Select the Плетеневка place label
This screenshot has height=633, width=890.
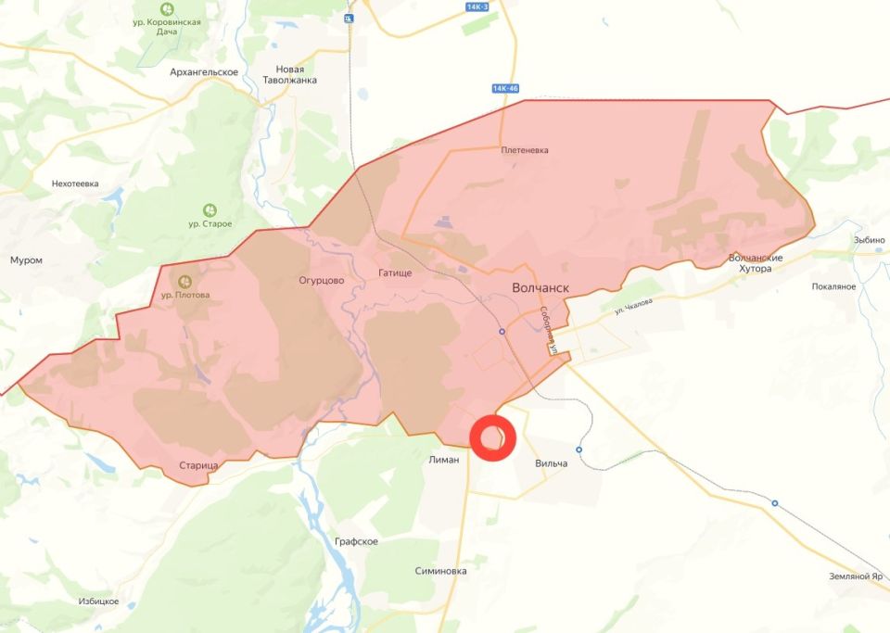point(525,150)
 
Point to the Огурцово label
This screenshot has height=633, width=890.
point(322,280)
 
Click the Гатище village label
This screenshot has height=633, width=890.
point(395,273)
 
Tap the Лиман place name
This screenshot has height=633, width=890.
point(444,460)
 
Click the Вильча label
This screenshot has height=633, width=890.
point(551,462)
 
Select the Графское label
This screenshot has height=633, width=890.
point(357,541)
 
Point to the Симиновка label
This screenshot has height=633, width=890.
point(440,571)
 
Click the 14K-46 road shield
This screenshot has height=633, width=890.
point(505,88)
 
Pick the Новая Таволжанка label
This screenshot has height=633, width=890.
point(297,75)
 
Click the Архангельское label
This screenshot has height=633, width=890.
point(204,72)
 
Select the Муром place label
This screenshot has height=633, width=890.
point(26,260)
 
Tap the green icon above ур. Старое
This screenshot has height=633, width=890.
point(210,210)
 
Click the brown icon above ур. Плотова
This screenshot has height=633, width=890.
point(185,280)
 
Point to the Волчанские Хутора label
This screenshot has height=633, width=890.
point(756,262)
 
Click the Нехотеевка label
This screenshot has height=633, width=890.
point(75,184)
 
